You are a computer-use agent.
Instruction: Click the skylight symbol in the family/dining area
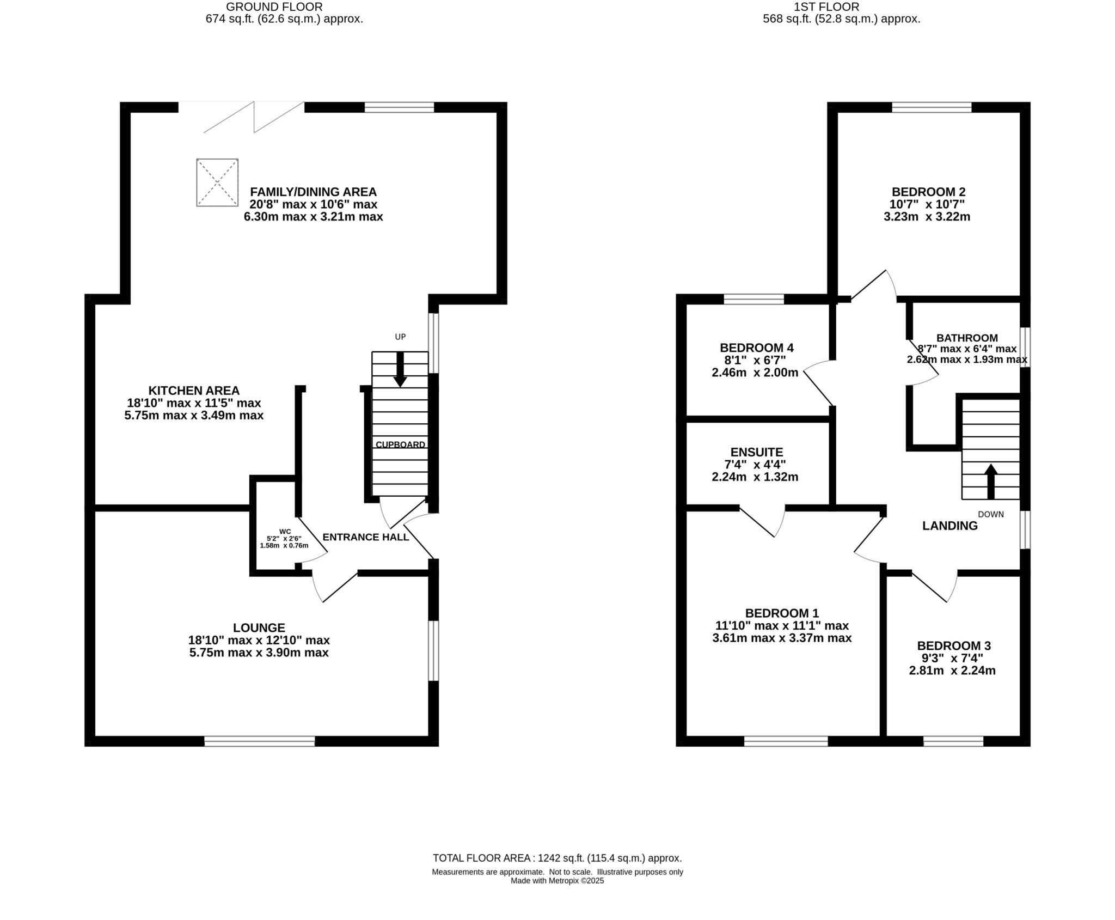click(217, 182)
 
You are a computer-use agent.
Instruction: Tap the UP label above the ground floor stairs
click(400, 337)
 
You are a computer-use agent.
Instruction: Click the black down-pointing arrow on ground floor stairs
click(400, 370)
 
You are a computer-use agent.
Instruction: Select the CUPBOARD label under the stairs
click(400, 444)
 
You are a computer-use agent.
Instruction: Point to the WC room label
click(285, 532)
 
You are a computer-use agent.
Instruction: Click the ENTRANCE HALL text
click(366, 537)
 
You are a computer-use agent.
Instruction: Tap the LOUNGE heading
click(259, 627)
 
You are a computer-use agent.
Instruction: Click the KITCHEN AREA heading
click(194, 391)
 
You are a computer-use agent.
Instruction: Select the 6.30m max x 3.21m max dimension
click(313, 217)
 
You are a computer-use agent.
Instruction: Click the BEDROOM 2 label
click(928, 192)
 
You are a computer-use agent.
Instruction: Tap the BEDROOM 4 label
click(756, 348)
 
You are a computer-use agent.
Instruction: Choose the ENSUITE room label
click(756, 452)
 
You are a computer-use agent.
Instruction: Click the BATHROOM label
click(967, 338)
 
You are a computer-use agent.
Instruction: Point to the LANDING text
click(949, 526)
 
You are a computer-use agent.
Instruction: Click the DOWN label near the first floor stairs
click(990, 514)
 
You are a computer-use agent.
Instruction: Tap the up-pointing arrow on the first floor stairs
click(991, 480)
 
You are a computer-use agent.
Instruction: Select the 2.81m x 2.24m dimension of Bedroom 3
click(952, 671)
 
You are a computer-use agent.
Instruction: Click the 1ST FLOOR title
click(841, 7)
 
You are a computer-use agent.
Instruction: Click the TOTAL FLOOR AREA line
click(557, 858)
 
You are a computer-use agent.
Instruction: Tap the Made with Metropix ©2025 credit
click(557, 881)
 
